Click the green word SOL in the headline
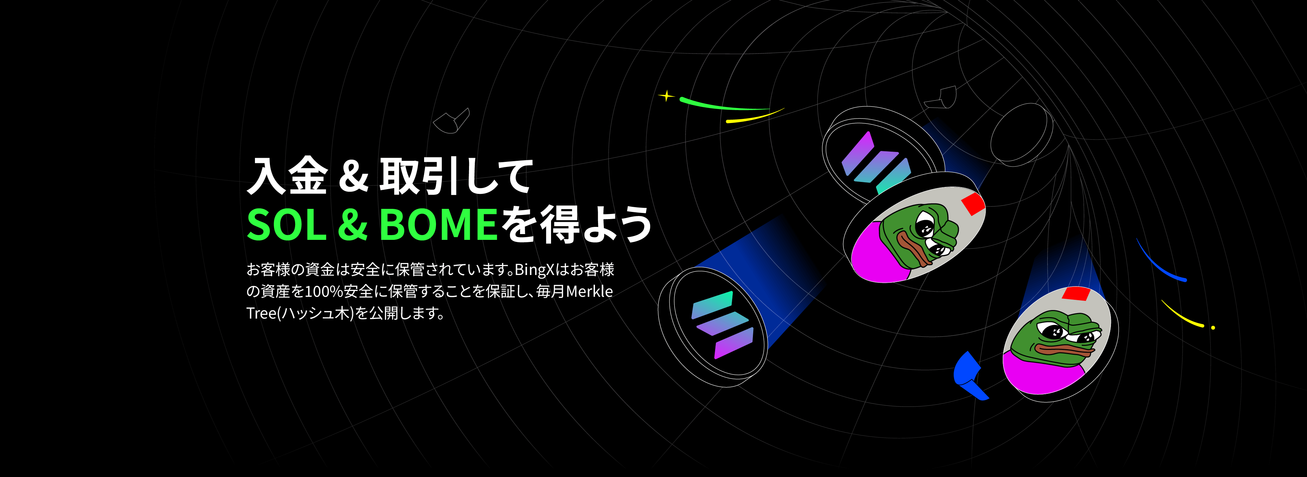pos(287,225)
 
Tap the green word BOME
pos(438,225)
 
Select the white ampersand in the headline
pos(353,176)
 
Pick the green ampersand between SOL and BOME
pos(353,225)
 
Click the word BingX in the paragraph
pos(534,270)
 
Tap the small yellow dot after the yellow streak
pos(1213,328)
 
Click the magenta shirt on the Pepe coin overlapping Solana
pos(878,254)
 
